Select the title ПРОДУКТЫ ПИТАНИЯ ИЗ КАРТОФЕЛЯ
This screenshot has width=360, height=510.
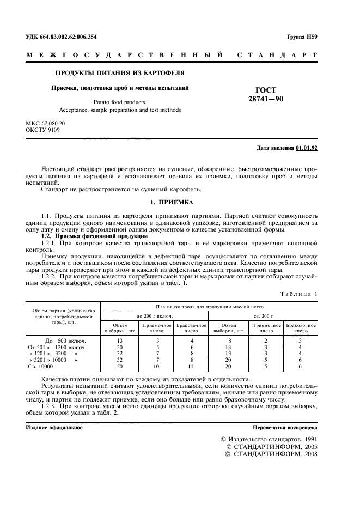[x=120, y=73]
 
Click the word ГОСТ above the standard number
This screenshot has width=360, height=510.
[x=266, y=90]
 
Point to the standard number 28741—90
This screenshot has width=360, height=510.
[x=266, y=99]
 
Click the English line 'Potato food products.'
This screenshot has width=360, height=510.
[x=120, y=101]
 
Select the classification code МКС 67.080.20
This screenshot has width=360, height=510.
[x=46, y=124]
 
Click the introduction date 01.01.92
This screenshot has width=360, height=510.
[x=307, y=148]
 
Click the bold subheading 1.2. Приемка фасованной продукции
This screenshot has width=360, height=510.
[x=94, y=236]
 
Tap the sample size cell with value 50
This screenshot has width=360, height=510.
[x=119, y=367]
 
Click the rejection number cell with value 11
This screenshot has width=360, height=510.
[x=191, y=367]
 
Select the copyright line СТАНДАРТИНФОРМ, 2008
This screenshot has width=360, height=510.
[x=271, y=453]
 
